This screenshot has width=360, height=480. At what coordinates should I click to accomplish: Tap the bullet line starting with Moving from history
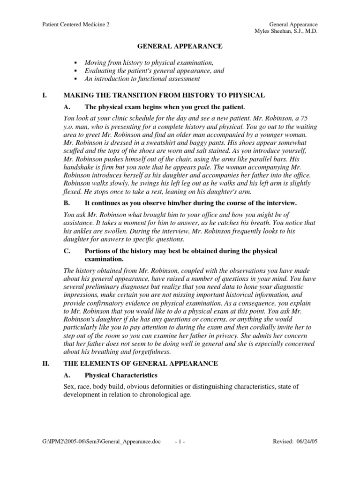coord(149,63)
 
